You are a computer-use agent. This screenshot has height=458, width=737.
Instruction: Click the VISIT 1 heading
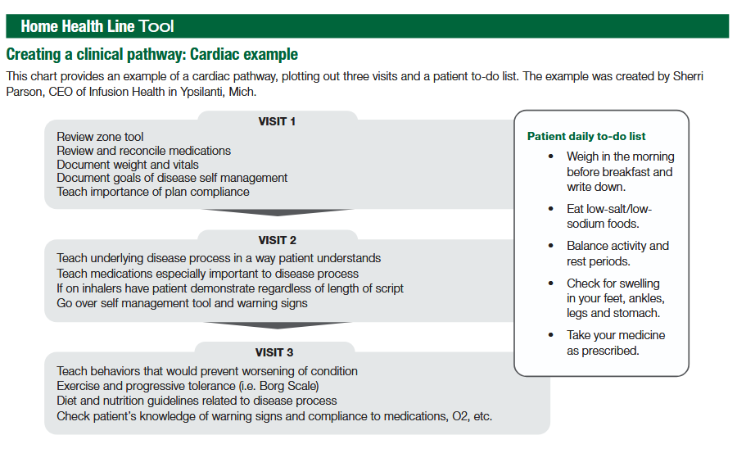click(277, 121)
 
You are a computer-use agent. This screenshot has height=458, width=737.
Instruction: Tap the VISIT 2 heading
click(277, 240)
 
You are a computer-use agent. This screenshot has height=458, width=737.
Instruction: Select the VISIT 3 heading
click(277, 353)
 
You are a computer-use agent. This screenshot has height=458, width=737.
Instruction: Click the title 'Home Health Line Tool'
click(97, 26)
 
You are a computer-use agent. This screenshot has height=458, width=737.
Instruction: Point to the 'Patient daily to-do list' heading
click(586, 136)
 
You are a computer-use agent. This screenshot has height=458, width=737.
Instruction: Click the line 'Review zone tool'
click(100, 137)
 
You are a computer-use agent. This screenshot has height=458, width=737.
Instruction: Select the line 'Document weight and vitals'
click(127, 165)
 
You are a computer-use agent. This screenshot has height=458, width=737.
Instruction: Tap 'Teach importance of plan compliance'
click(153, 192)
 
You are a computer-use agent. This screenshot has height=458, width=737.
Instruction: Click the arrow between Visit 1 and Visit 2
click(277, 215)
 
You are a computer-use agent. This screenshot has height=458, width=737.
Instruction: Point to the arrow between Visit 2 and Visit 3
click(277, 327)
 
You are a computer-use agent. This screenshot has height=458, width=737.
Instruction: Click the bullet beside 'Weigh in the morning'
click(550, 156)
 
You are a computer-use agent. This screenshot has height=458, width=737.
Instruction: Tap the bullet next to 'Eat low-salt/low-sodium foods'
click(550, 209)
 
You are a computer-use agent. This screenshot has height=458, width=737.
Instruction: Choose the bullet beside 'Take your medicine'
click(550, 335)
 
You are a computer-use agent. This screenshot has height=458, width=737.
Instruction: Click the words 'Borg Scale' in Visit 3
click(286, 386)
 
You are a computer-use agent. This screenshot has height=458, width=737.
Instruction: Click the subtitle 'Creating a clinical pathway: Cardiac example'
click(151, 55)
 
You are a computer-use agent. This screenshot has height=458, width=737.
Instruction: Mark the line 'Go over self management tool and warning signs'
click(182, 303)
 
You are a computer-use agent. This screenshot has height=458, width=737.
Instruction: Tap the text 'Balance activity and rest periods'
click(617, 253)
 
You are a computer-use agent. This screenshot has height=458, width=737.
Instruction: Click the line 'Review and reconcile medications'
click(143, 151)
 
